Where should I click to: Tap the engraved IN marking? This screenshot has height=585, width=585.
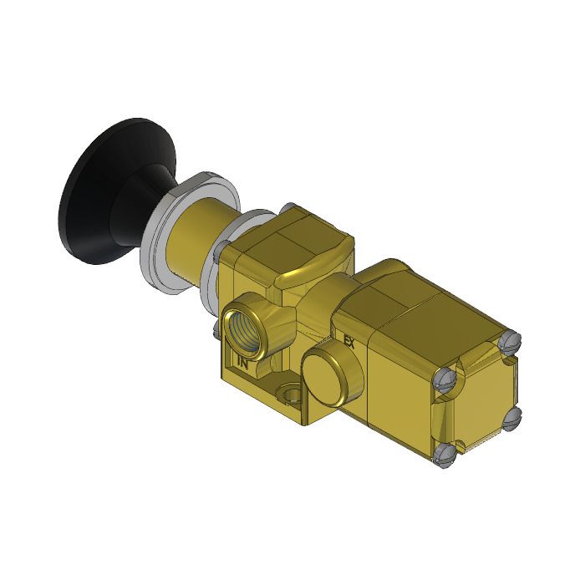coord(242,363)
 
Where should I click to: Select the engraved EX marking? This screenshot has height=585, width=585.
coord(350,341)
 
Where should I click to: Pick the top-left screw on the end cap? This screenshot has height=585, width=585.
coord(444,380)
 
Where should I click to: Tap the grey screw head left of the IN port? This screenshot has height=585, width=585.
coord(219,248)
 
